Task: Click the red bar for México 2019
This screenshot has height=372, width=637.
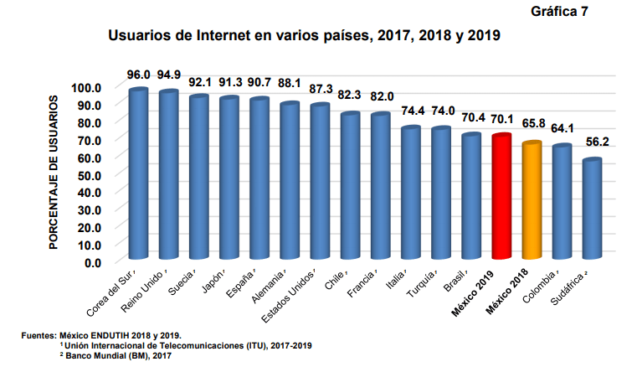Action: (501, 197)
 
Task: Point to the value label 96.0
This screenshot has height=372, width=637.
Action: (139, 74)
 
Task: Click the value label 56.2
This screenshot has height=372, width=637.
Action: (593, 143)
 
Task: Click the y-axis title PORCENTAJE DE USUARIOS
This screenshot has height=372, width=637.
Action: (53, 173)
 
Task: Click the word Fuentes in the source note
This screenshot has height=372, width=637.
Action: (38, 335)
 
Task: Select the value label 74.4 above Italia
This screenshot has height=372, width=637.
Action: (411, 111)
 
